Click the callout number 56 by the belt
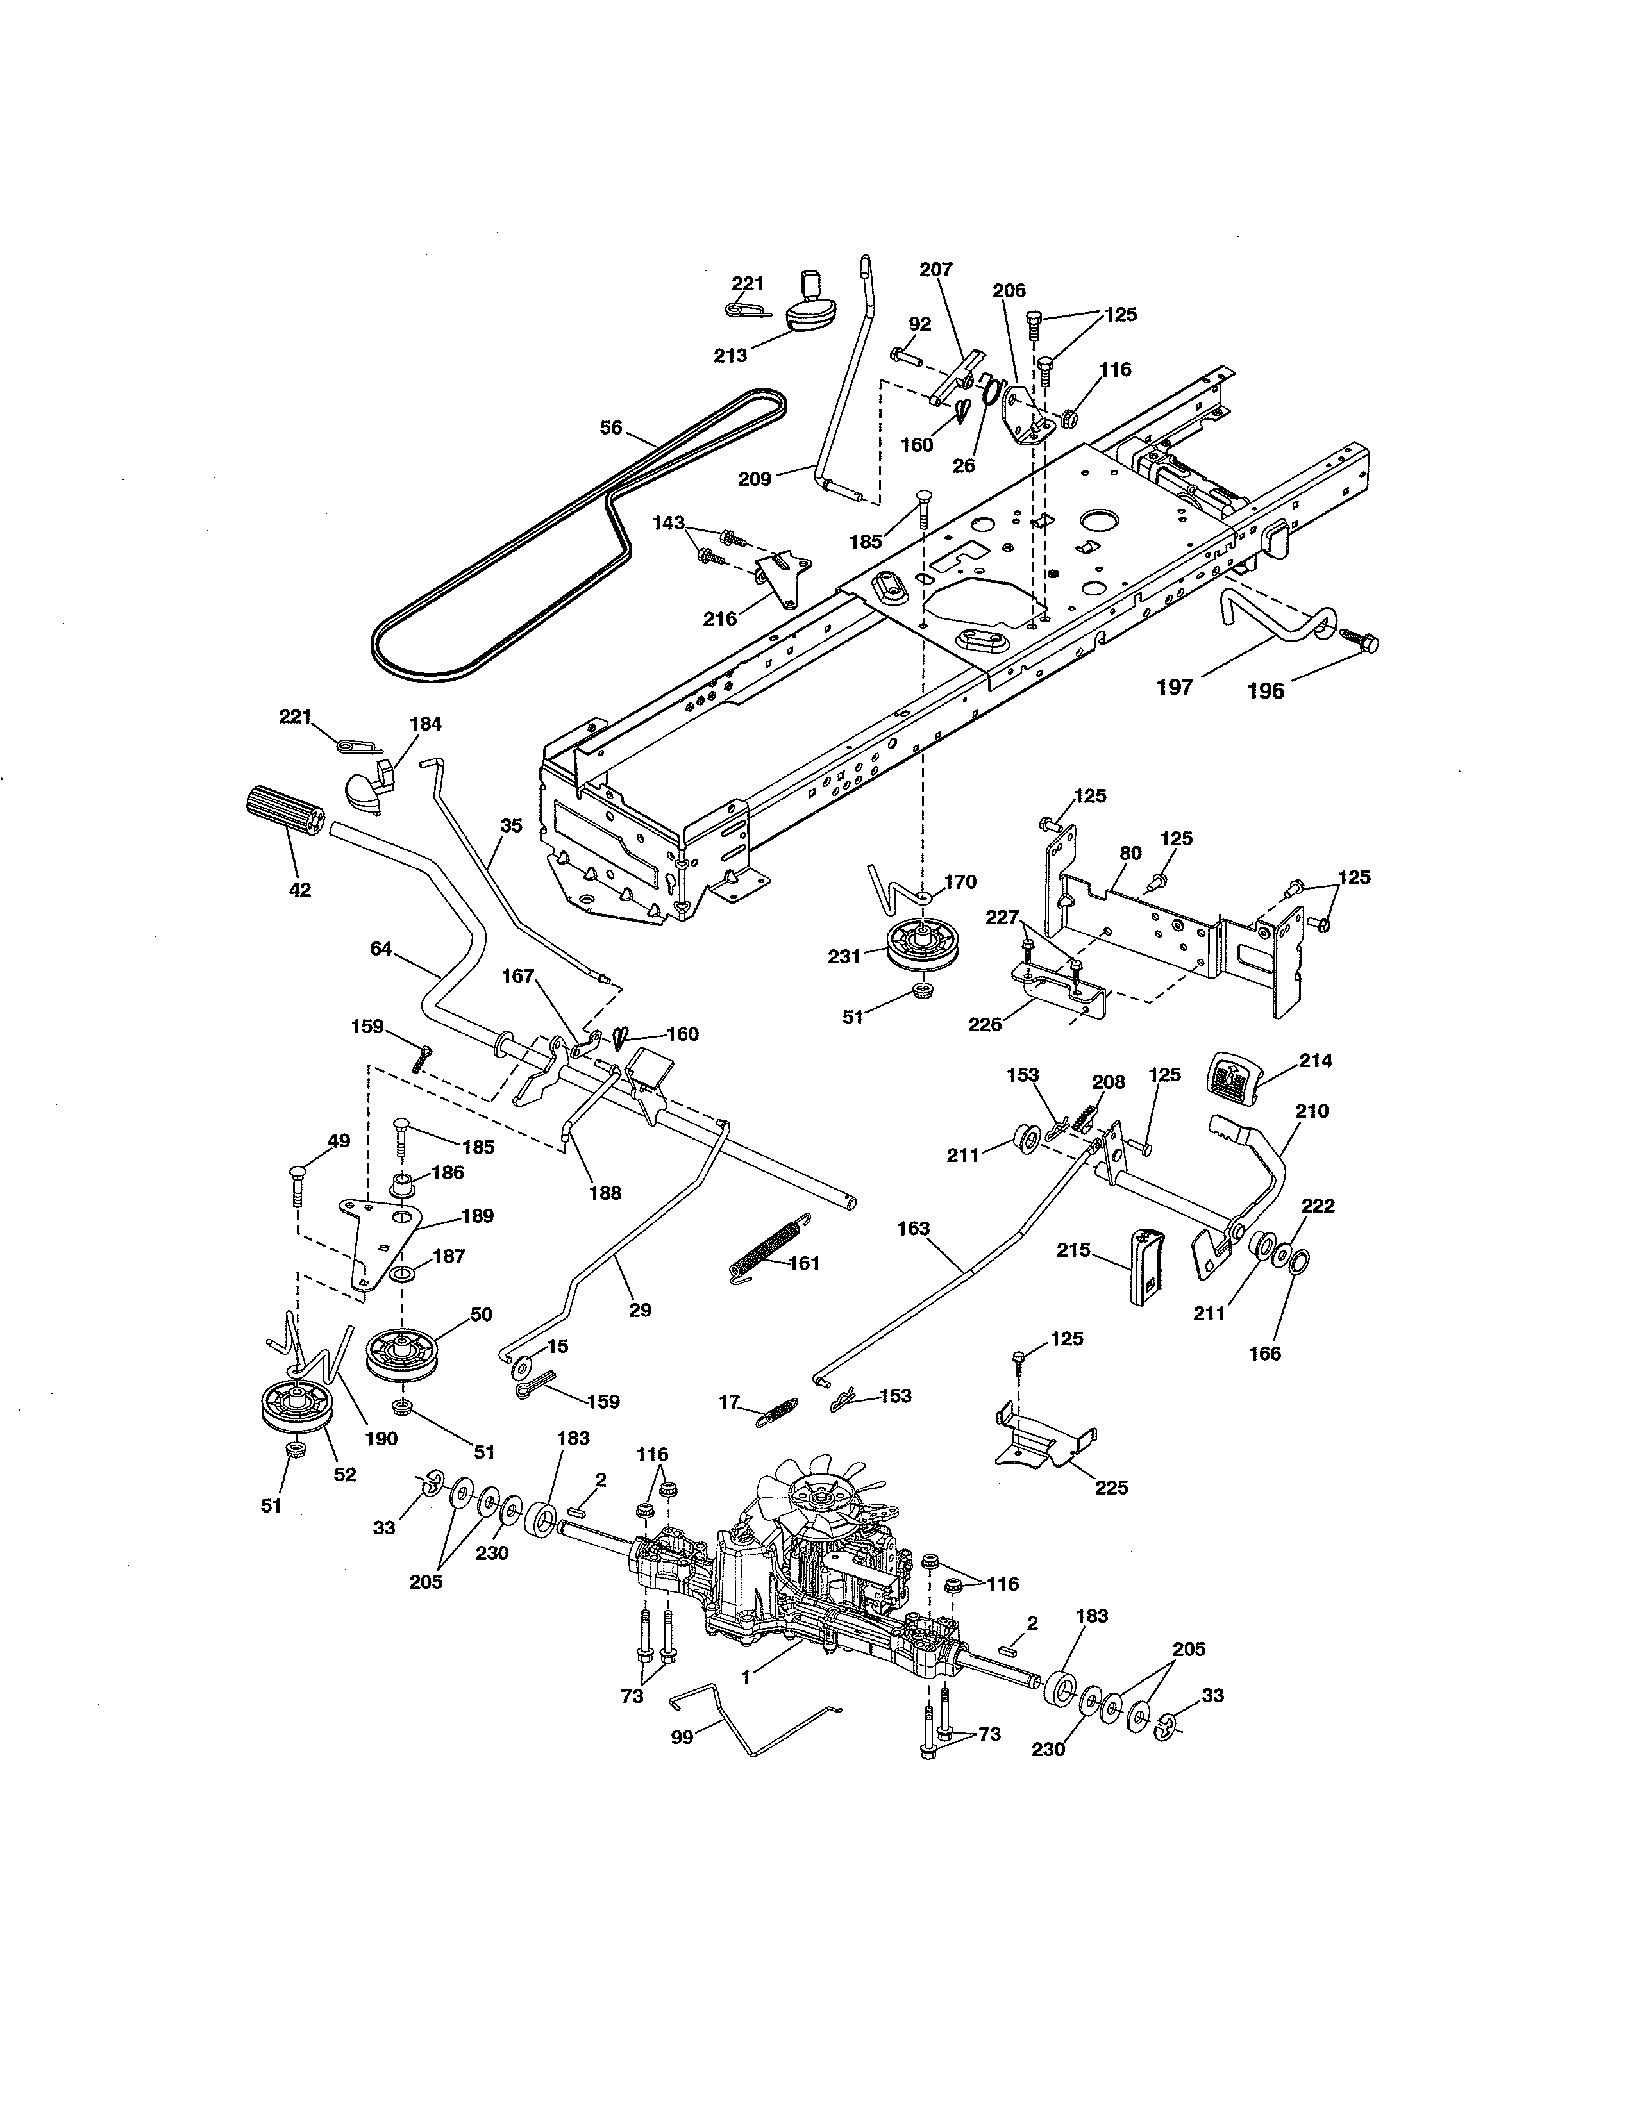tap(610, 427)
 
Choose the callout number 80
tap(1130, 853)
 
